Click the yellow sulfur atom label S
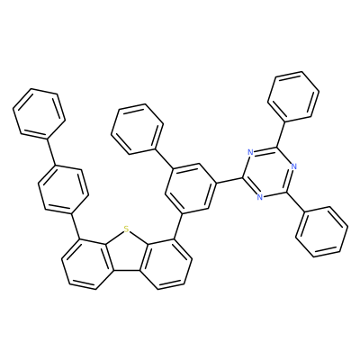click(x=126, y=229)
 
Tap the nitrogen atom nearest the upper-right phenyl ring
click(x=251, y=152)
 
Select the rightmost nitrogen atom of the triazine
click(x=293, y=166)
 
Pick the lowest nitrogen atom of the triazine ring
click(x=260, y=197)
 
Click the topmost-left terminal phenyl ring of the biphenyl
click(x=39, y=113)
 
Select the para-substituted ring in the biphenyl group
click(x=63, y=189)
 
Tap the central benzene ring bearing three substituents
click(x=191, y=188)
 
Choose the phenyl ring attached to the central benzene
click(x=137, y=130)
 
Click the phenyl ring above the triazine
click(x=293, y=96)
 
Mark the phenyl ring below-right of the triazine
click(x=322, y=231)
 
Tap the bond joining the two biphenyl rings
click(x=51, y=152)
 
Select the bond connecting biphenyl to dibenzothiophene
click(x=76, y=227)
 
